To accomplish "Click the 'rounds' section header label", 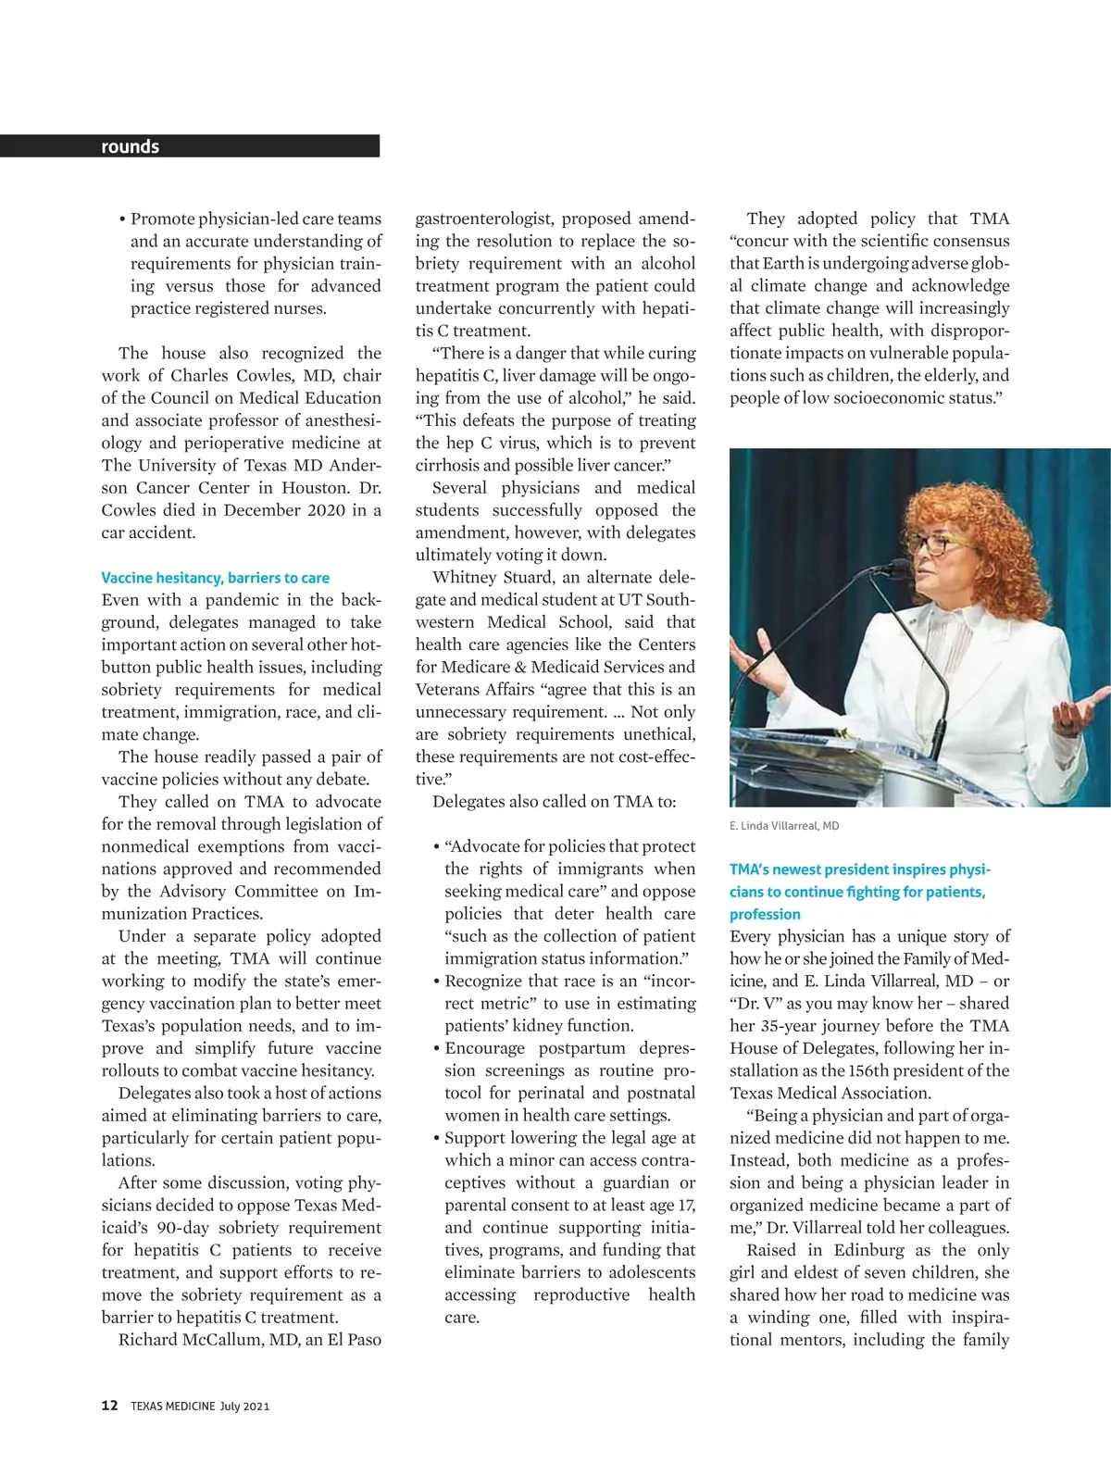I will pyautogui.click(x=131, y=146).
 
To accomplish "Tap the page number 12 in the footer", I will pyautogui.click(x=109, y=1406).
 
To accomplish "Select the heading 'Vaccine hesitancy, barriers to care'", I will pyautogui.click(x=215, y=578).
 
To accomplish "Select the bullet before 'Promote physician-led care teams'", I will pyautogui.click(x=122, y=220).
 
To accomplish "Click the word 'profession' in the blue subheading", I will pyautogui.click(x=765, y=914).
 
